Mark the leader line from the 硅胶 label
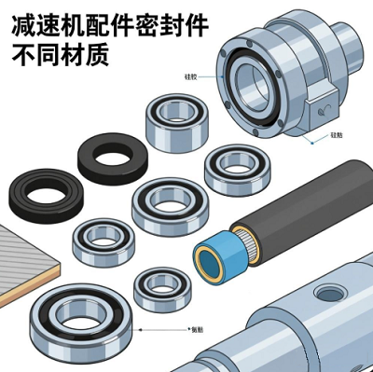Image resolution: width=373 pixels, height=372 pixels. point(213,77)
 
